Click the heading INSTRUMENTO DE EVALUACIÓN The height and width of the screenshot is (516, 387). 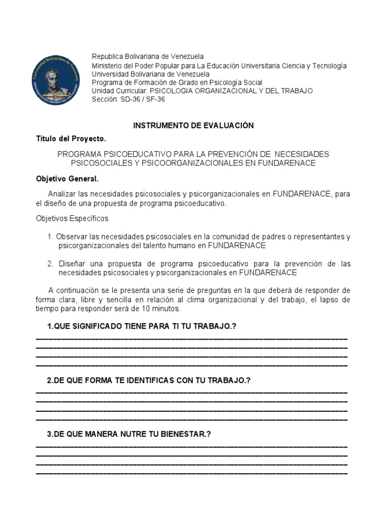click(193, 125)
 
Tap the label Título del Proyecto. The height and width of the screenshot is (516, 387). click(71, 139)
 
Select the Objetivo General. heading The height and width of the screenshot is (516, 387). click(68, 179)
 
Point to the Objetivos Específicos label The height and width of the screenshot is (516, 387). click(72, 219)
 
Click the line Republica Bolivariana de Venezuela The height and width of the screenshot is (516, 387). click(148, 56)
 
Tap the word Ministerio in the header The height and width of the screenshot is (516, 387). click(107, 66)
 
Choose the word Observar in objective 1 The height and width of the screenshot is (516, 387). click(71, 236)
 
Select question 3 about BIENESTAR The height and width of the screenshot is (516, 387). click(128, 434)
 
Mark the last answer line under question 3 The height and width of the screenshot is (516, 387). click(192, 474)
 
